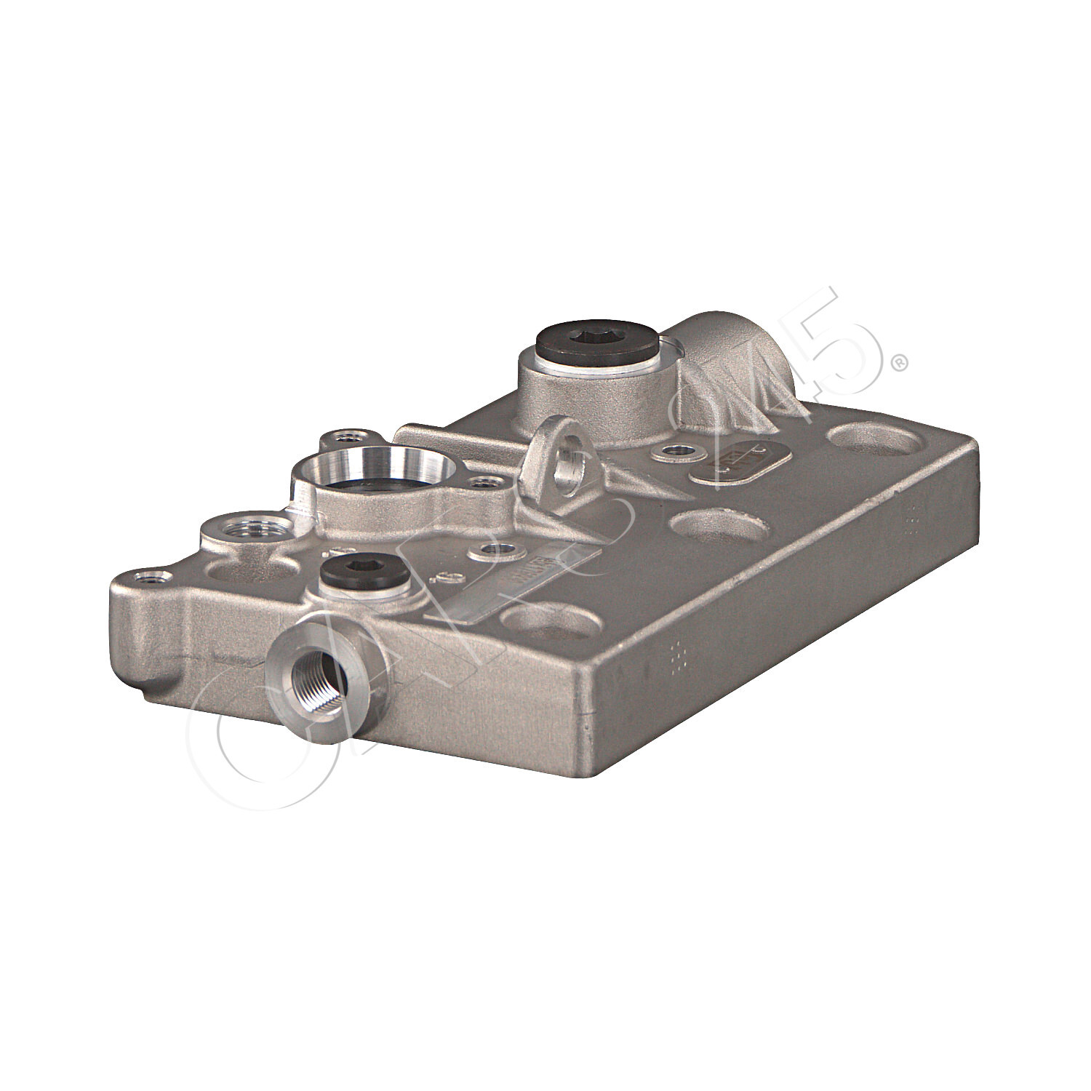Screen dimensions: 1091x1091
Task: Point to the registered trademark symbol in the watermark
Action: coord(900,361)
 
